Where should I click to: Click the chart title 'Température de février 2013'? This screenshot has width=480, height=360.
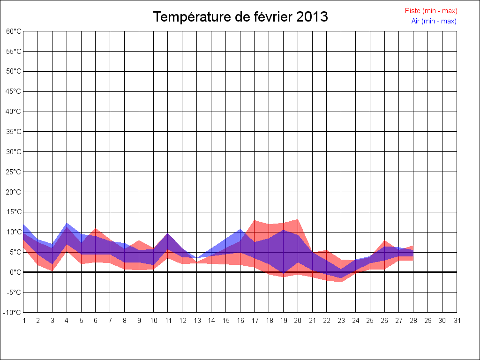click(240, 17)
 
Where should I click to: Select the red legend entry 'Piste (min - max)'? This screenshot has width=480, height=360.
click(431, 11)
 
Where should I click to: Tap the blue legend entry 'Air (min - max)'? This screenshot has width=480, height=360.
click(434, 21)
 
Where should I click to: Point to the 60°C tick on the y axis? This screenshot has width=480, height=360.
click(14, 31)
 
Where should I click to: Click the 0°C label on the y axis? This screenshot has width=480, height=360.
click(15, 272)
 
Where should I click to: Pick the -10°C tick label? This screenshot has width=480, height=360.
click(13, 313)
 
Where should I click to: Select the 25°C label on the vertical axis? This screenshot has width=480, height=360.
click(14, 172)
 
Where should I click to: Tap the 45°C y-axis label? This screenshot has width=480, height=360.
click(14, 91)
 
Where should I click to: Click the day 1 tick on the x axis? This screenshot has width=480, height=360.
click(23, 321)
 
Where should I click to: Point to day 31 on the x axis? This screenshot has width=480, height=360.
click(457, 321)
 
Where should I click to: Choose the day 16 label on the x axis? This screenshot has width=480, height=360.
click(240, 321)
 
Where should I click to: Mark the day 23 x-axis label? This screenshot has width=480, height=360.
click(341, 321)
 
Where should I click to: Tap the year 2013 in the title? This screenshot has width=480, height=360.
click(312, 17)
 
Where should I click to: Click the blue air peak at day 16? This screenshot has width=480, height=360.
click(240, 230)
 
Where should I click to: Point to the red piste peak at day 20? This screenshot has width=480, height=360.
click(298, 220)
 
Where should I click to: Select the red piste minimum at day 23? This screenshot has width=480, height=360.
click(341, 282)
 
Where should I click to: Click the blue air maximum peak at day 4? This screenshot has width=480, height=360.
click(67, 224)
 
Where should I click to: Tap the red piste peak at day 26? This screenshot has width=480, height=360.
click(385, 241)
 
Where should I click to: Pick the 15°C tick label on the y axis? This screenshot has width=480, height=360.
click(14, 212)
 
